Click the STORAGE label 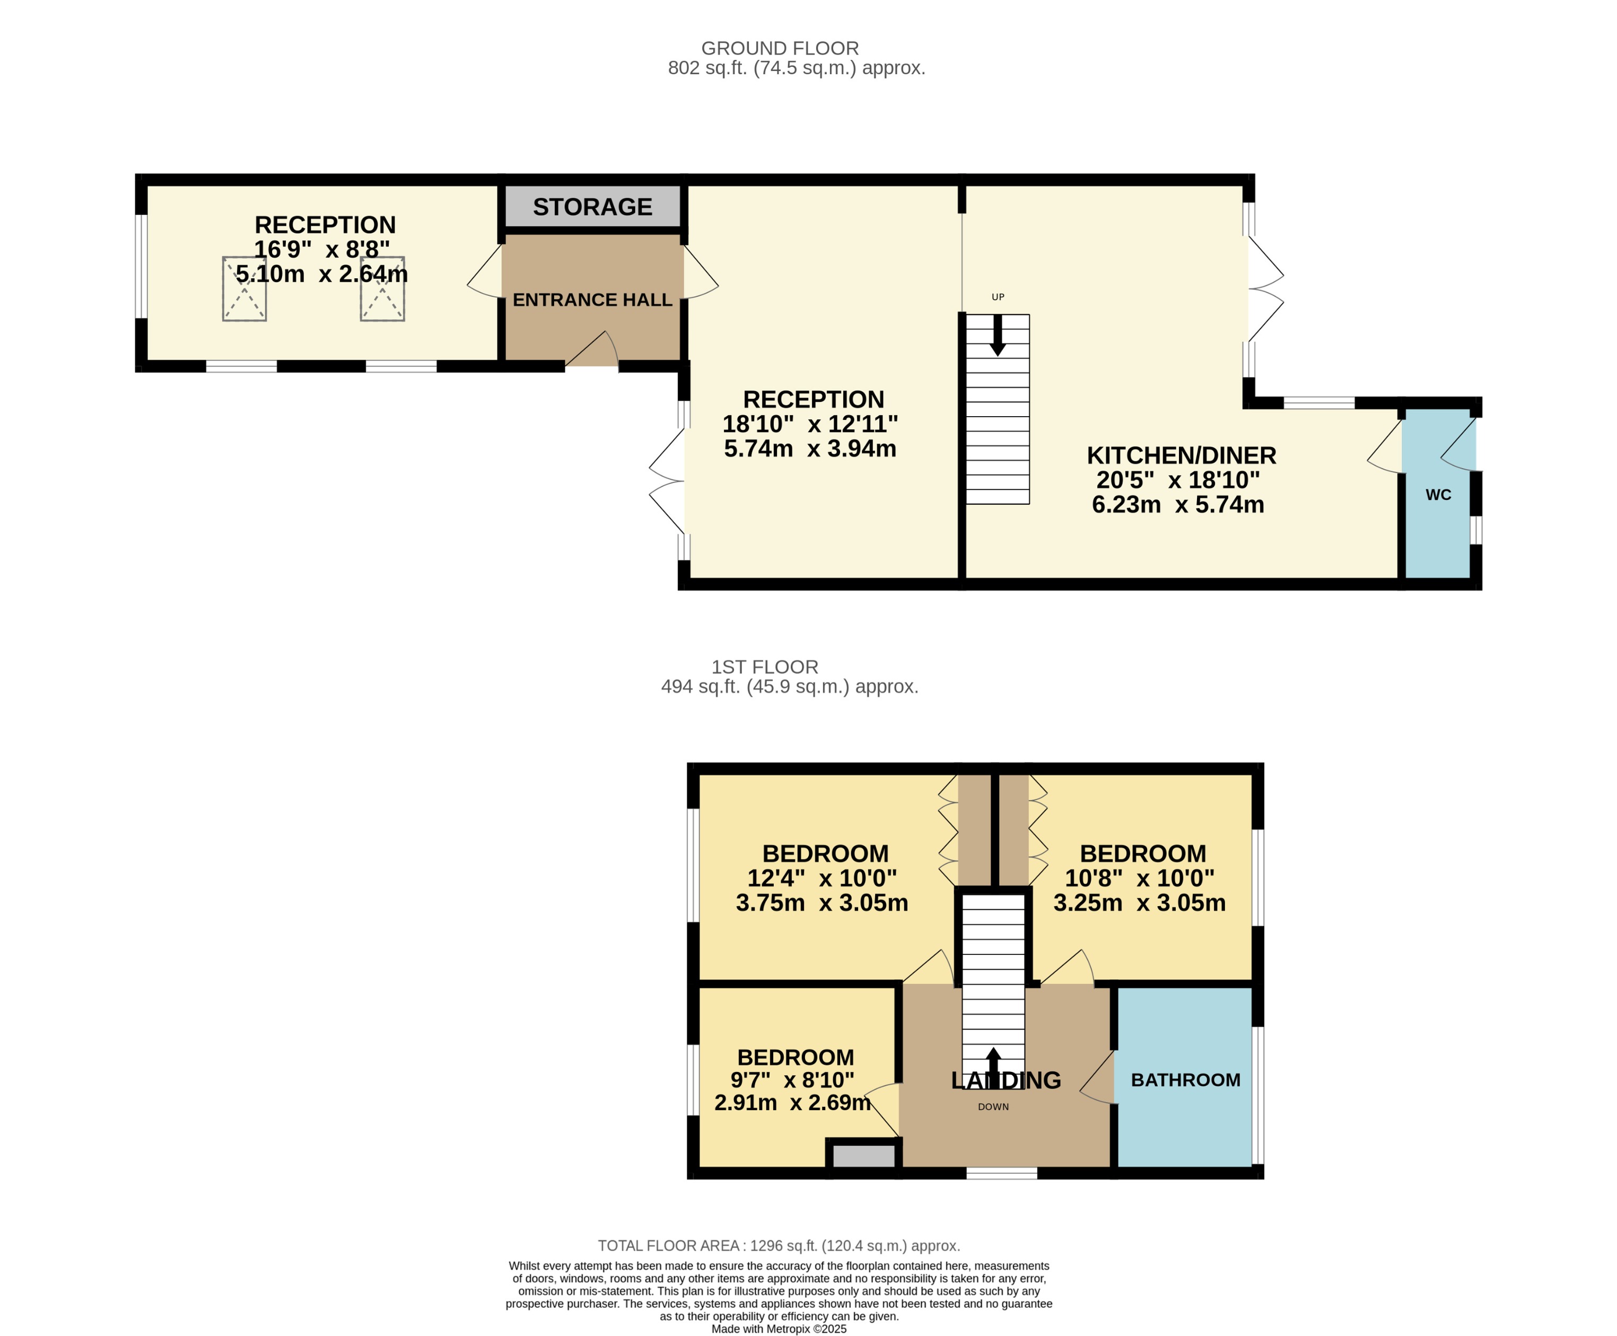coord(592,207)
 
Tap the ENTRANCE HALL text coord(592,300)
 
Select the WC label coord(1438,495)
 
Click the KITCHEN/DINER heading coord(1181,455)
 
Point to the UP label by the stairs coord(998,297)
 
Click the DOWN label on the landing coord(993,1106)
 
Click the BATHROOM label coord(1185,1080)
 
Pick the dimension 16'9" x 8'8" coord(322,249)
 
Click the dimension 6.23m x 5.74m coord(1177,505)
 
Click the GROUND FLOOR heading coord(780,48)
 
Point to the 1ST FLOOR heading coord(764,667)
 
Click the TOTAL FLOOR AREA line coord(779,1246)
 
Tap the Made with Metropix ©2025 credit coord(779,1329)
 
